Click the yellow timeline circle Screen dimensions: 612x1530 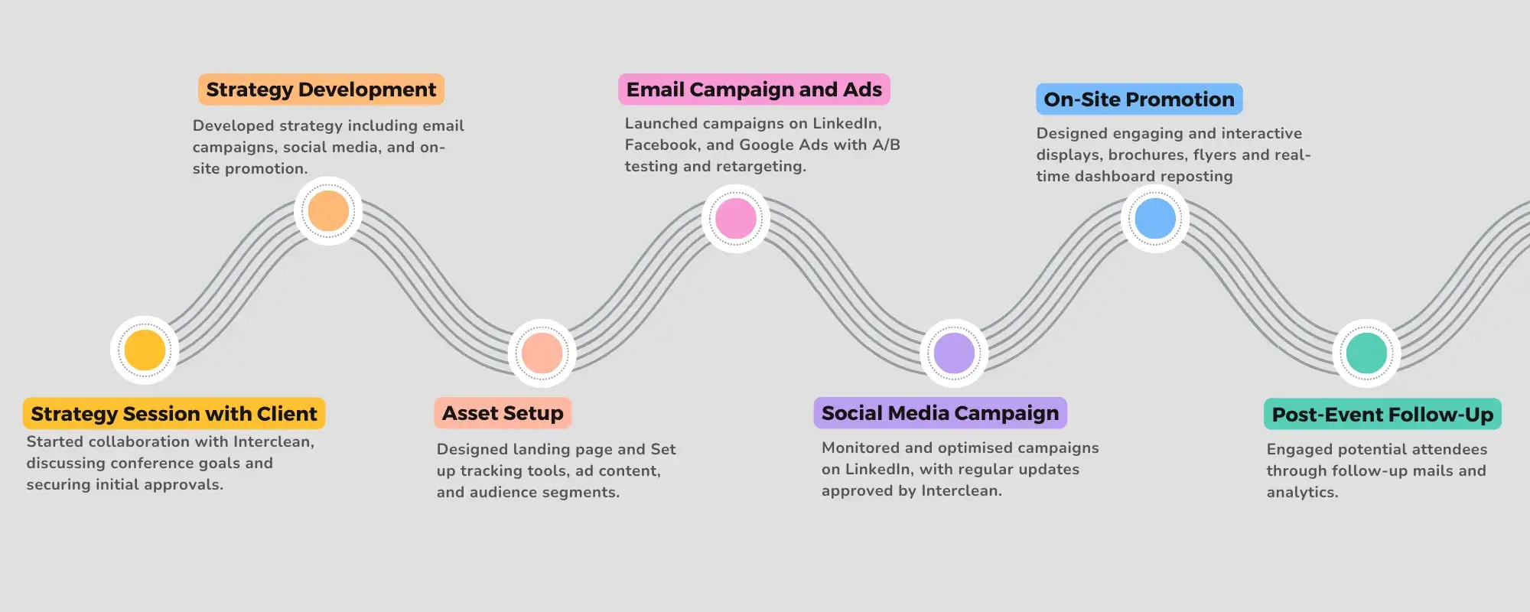[145, 350]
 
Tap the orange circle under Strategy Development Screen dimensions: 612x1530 [328, 211]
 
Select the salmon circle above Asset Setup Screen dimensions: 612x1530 [542, 353]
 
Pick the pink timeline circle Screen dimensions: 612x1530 [735, 219]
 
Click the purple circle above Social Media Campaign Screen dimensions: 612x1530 [954, 353]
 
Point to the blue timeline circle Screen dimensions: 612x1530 [1155, 218]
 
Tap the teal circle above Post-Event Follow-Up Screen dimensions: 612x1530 [1366, 353]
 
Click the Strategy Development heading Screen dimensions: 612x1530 [321, 90]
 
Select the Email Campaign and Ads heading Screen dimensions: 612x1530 [754, 90]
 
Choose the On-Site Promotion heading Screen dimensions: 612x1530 [1139, 99]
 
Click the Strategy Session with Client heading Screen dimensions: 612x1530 [174, 414]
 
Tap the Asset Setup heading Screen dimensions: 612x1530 [503, 413]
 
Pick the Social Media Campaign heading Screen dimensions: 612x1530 [940, 413]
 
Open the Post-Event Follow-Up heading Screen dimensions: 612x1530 [1382, 415]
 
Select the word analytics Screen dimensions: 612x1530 [1302, 492]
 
